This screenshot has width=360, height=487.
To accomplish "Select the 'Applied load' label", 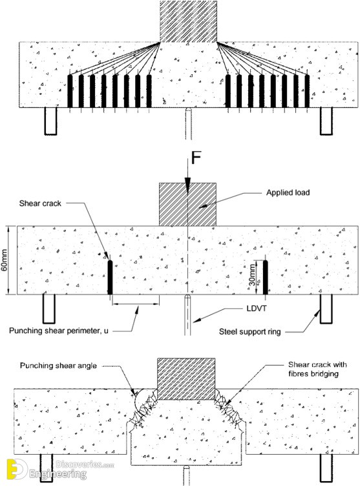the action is point(288,192).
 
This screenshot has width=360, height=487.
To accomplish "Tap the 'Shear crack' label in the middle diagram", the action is point(40,203).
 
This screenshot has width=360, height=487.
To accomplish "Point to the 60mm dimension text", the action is point(5,260).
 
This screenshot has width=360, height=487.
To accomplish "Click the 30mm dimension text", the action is point(252,274).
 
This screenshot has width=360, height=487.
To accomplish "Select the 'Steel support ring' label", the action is point(250,332).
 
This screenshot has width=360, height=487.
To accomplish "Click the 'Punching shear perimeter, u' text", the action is point(59,330).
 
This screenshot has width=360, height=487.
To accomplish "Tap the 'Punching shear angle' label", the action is point(58,366).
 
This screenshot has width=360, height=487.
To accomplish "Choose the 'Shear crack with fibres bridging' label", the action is point(317,369).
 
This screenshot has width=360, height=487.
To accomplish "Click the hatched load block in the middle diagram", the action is point(187,204).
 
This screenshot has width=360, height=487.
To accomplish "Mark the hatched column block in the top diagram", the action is point(188,21).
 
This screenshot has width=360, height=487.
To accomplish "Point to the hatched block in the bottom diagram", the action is point(186,378).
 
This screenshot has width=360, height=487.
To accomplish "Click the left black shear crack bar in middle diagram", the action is point(110,277).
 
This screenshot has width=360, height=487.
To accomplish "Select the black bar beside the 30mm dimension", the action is point(265,277).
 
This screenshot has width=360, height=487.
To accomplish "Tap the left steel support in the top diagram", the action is point(50,121).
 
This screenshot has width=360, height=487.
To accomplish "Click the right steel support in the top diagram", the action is point(326,121).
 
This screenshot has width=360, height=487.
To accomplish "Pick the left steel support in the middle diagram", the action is point(49,309).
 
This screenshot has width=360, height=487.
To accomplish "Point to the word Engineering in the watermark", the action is point(58,474).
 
